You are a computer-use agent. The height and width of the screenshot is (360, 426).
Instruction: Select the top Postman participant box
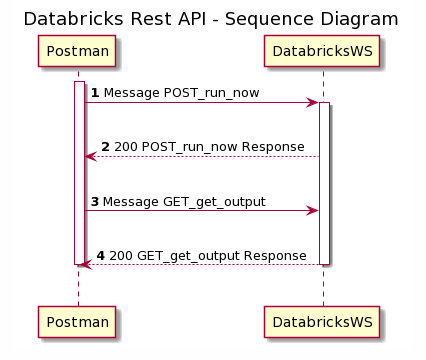coord(78,51)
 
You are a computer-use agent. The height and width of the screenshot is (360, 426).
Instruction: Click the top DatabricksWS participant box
coord(323,51)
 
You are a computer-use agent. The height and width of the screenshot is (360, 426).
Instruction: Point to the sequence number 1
coord(95,93)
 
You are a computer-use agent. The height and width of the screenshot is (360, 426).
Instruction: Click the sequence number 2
coord(105,147)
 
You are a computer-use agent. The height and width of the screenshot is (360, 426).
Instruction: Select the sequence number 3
coord(95,201)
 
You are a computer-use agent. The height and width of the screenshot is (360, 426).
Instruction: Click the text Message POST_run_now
coord(181,93)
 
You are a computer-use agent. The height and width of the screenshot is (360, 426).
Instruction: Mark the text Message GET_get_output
coord(184,201)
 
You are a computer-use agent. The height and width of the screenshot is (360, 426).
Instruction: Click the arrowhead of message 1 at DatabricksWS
coord(313,102)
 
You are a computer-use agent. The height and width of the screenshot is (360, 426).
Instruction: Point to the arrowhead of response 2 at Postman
coord(90,156)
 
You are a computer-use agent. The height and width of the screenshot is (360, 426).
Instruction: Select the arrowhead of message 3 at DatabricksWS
coord(313,210)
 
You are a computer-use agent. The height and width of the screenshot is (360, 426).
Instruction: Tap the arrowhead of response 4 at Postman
coord(85,264)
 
